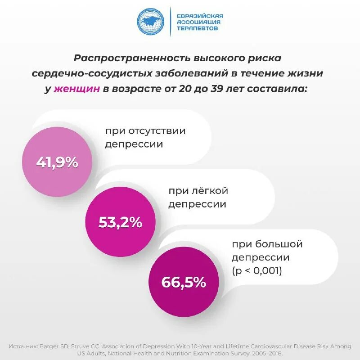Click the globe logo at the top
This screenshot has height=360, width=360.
pyautogui.click(x=152, y=22)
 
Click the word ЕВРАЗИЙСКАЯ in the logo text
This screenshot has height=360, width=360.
pyautogui.click(x=200, y=16)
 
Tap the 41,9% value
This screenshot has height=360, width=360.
pyautogui.click(x=57, y=162)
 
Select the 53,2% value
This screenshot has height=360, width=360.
pyautogui.click(x=120, y=222)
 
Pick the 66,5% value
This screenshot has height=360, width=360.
pyautogui.click(x=184, y=282)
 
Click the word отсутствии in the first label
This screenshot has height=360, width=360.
pyautogui.click(x=157, y=131)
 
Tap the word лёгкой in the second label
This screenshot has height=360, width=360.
pyautogui.click(x=212, y=191)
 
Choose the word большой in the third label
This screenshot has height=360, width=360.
pyautogui.click(x=279, y=244)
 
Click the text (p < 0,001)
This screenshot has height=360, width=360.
pyautogui.click(x=257, y=271)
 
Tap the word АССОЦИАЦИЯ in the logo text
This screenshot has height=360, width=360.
pyautogui.click(x=198, y=22)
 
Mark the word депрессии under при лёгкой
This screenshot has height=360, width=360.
pyautogui.click(x=197, y=204)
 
